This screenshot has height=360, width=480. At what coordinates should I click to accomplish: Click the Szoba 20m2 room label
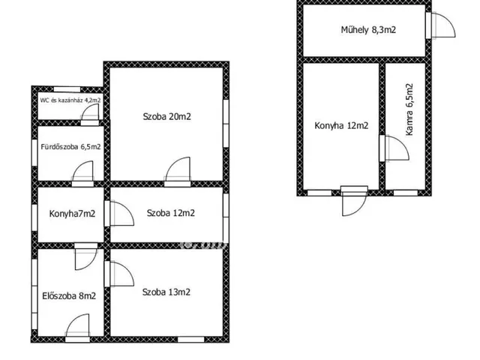point(166,117)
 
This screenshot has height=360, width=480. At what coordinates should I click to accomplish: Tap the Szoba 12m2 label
point(170,213)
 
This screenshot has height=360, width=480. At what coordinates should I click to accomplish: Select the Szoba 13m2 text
point(166,292)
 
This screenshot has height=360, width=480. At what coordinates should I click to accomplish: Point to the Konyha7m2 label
point(72,214)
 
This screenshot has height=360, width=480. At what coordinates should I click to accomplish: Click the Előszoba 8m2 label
point(69,296)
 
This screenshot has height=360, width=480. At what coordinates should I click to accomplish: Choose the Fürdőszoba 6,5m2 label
point(70,147)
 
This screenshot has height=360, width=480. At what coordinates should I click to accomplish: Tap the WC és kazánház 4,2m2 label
point(70,100)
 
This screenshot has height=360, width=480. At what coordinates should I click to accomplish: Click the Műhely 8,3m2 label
point(368,30)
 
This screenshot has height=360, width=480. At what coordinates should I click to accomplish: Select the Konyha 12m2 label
point(341,126)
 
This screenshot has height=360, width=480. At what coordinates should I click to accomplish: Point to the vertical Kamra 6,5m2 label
point(409,109)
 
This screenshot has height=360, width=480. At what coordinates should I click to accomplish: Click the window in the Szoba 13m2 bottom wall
point(191,340)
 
